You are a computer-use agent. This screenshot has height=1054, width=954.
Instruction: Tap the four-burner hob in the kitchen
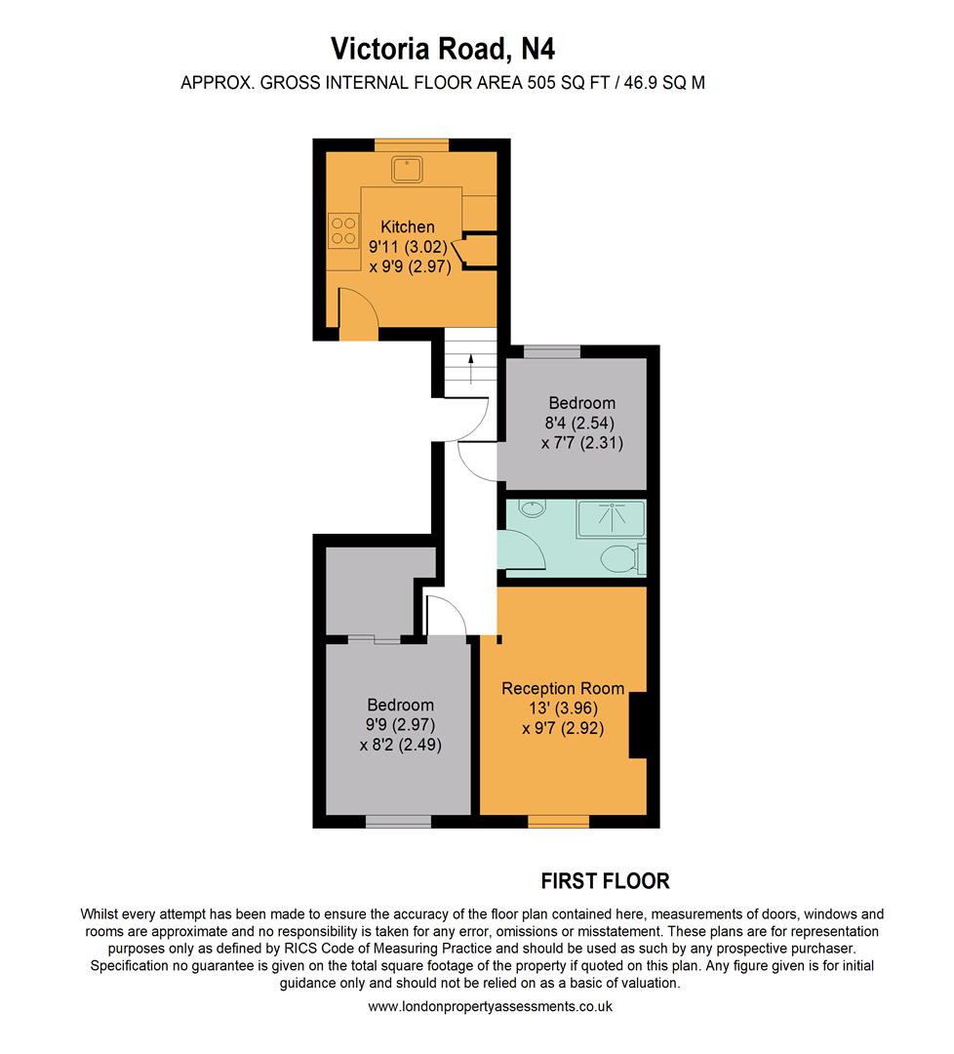tap(343, 231)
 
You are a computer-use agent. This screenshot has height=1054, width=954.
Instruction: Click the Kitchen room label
tap(408, 226)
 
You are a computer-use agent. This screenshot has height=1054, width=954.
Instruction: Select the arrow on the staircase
tap(471, 369)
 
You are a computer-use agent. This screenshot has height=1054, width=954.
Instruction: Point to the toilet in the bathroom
tap(618, 559)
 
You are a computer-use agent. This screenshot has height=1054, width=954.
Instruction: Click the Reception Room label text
tap(563, 688)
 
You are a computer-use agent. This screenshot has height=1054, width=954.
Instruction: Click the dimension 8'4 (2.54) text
tap(581, 423)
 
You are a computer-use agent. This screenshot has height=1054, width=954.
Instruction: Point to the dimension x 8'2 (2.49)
tap(400, 745)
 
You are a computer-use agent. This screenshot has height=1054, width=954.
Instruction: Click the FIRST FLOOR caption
tap(605, 881)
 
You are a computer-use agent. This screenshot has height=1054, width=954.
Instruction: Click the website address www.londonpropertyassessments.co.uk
tap(491, 1006)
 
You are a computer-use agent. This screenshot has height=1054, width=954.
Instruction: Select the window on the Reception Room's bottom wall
tap(558, 820)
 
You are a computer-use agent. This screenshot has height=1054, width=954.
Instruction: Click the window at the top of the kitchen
tap(411, 144)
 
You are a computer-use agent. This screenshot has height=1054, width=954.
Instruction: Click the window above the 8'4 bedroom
tap(552, 351)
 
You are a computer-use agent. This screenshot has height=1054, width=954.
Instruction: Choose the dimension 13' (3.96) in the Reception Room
tap(563, 708)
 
